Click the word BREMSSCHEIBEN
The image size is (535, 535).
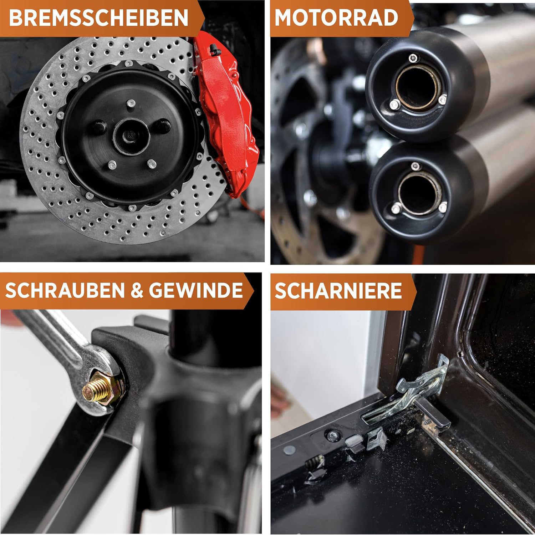[98, 17]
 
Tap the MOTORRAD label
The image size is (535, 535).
[336, 17]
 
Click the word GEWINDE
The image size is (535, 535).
[196, 290]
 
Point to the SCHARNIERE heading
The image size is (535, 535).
[338, 291]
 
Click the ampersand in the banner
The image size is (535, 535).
[137, 291]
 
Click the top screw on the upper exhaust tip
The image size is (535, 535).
[413, 58]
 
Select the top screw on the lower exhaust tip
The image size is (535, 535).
[415, 166]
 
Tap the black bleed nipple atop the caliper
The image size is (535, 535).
[214, 47]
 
